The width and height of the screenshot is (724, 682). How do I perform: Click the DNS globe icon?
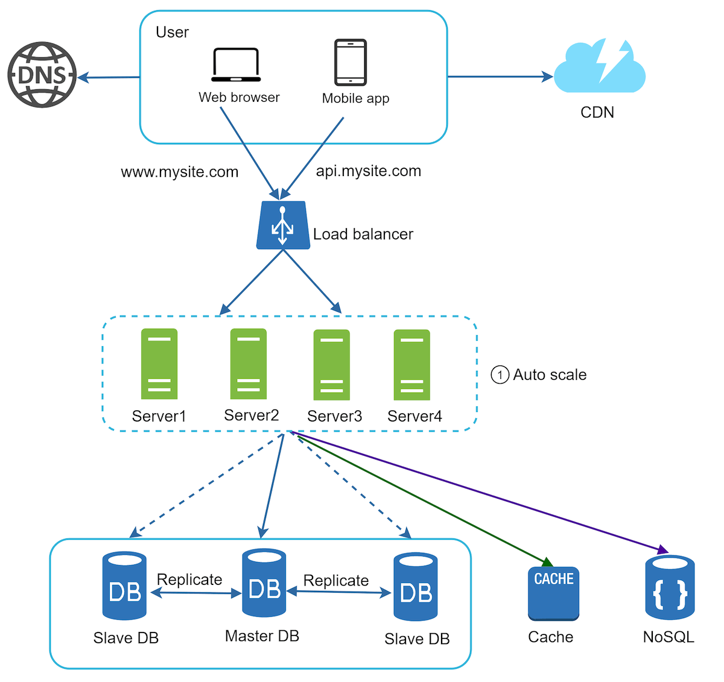click(42, 75)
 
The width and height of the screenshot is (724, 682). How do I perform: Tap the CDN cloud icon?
click(599, 68)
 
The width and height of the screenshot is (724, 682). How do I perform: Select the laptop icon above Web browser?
click(236, 65)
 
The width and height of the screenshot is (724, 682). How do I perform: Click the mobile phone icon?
click(351, 63)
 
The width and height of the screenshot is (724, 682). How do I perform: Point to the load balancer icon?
click(282, 226)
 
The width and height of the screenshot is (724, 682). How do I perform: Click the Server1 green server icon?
click(159, 364)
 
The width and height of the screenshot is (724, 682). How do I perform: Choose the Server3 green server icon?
click(331, 365)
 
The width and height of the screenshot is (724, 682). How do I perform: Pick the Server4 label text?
click(414, 416)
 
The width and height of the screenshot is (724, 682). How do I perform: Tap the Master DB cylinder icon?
click(264, 583)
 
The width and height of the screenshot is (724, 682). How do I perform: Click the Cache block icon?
click(553, 593)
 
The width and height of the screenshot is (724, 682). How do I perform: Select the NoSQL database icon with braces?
click(670, 588)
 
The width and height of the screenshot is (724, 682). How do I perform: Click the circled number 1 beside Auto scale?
click(500, 375)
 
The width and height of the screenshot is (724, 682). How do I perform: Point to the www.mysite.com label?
click(180, 172)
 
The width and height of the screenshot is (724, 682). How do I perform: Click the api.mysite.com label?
click(368, 171)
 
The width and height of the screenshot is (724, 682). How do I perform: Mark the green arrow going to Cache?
click(422, 499)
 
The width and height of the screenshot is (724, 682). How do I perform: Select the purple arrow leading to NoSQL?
click(483, 491)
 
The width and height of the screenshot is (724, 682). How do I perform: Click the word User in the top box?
click(172, 32)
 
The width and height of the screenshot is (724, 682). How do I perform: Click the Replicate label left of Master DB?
click(189, 579)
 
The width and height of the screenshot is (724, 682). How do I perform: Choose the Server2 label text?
click(251, 415)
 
